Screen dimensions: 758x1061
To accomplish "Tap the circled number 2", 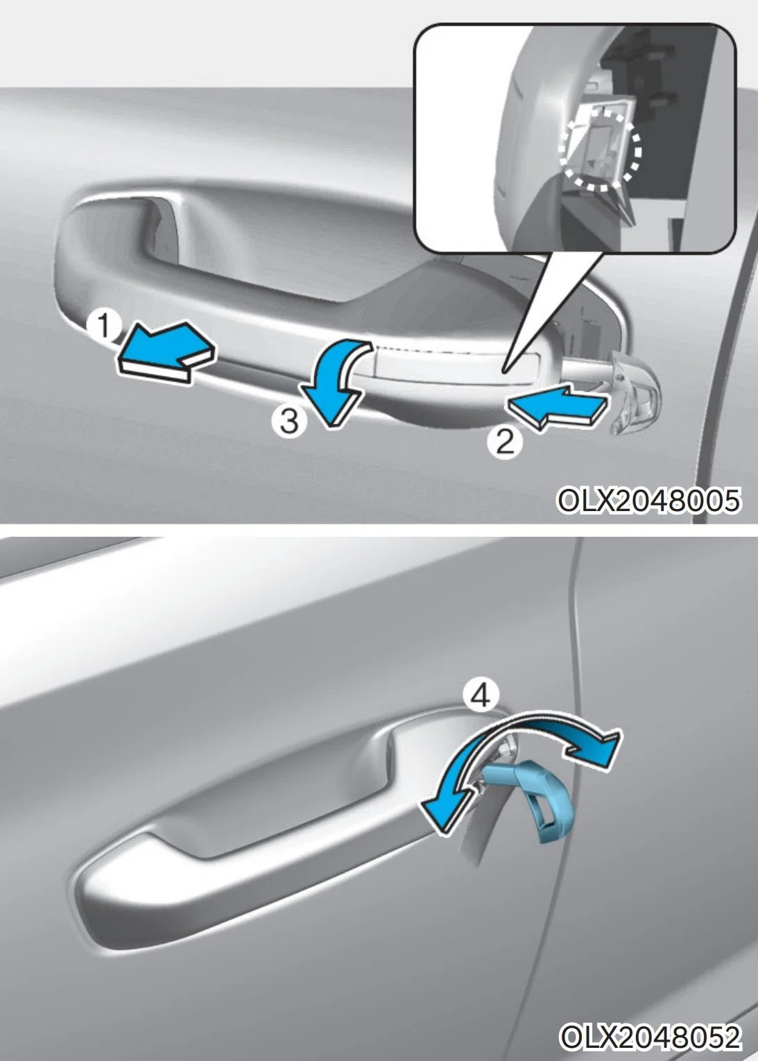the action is click(505, 442).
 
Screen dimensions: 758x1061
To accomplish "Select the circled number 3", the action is click(289, 421).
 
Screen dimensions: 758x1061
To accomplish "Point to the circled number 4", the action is click(482, 695).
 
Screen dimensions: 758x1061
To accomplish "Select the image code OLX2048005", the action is click(648, 500).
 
